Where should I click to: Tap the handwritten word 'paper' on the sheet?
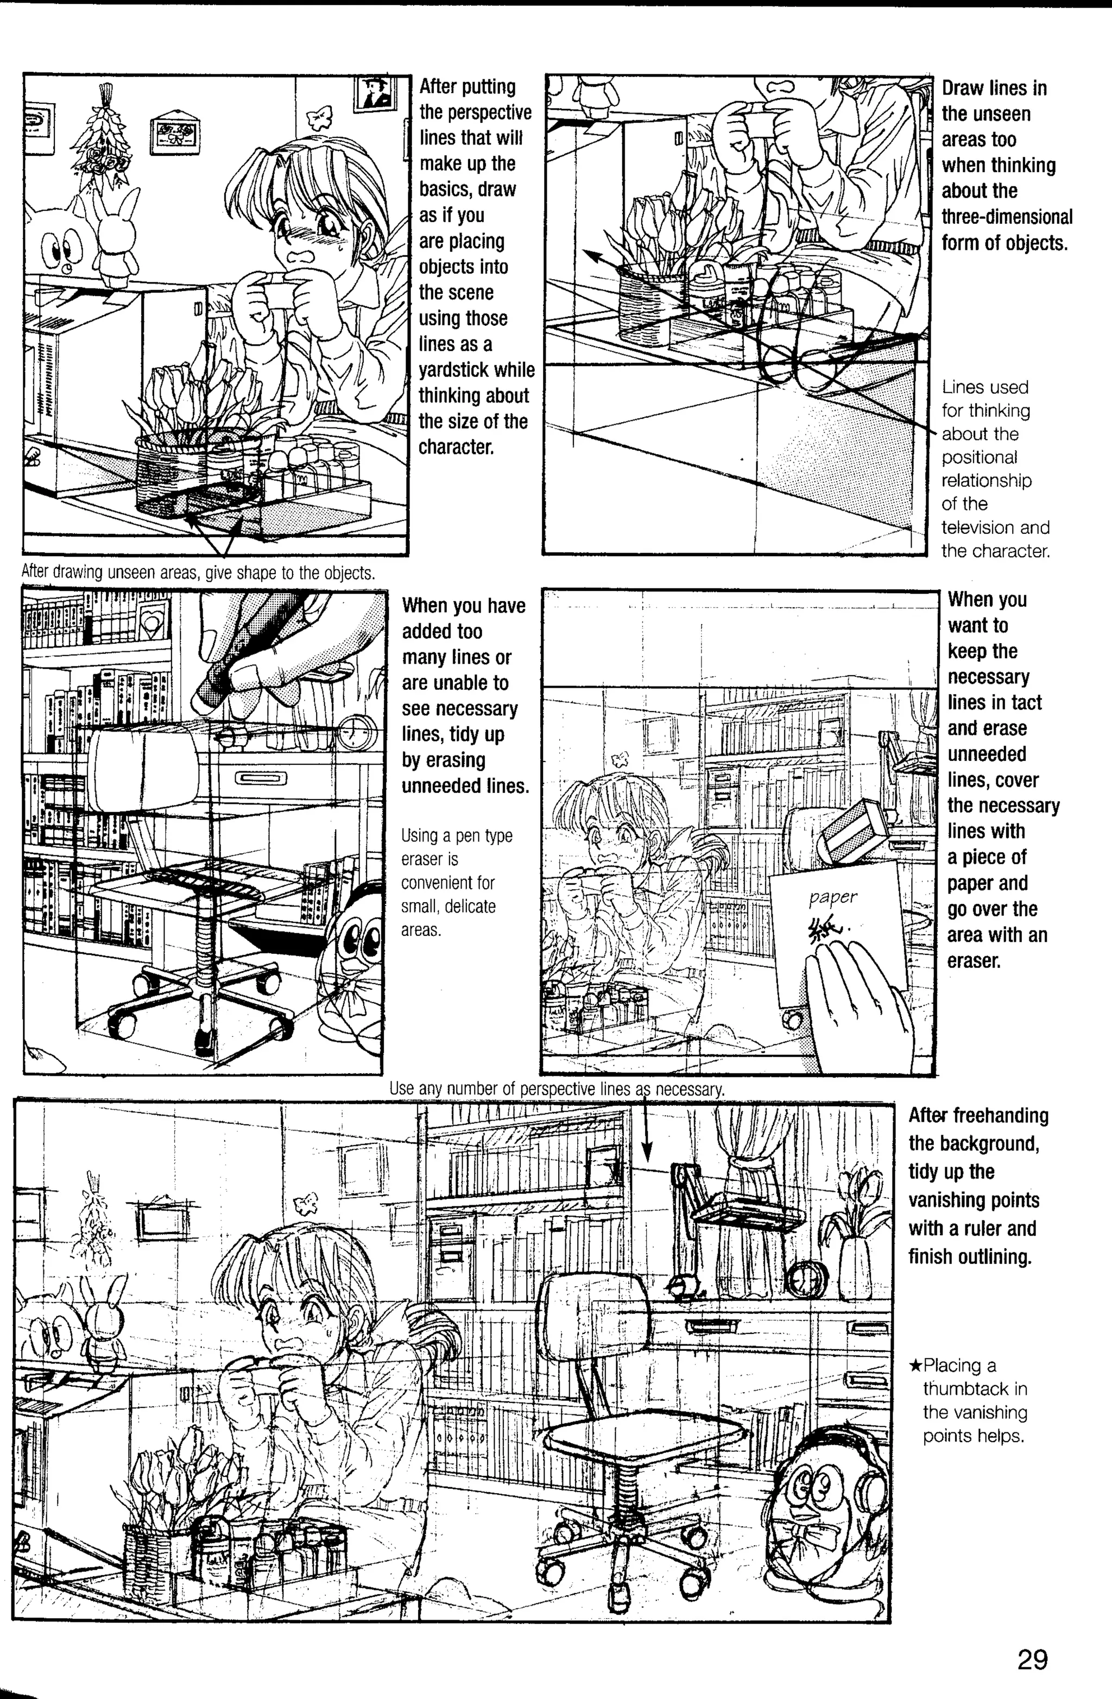(x=833, y=897)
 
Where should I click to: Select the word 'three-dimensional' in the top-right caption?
(x=1006, y=217)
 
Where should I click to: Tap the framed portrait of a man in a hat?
(x=375, y=93)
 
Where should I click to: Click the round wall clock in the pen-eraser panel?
(x=356, y=732)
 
